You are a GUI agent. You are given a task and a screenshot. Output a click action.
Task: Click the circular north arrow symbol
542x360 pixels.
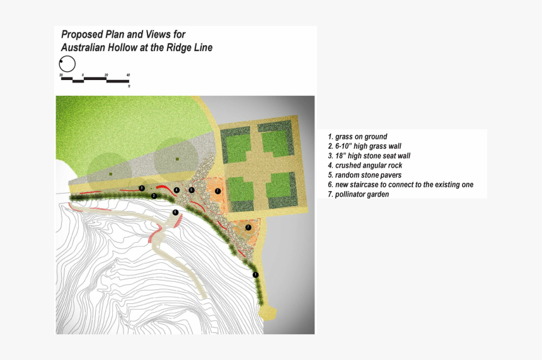point(67,64)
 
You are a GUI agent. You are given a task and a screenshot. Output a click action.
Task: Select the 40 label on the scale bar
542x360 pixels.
point(128,74)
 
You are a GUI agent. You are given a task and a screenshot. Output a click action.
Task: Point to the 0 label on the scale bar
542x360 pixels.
point(83,74)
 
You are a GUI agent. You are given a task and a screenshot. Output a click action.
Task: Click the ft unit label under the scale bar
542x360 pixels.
point(129,86)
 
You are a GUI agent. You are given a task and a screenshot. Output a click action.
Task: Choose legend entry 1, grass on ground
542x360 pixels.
point(357,137)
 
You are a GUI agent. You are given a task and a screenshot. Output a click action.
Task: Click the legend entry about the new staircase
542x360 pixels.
point(400,185)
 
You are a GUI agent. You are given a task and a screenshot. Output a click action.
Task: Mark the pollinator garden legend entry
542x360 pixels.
point(358,195)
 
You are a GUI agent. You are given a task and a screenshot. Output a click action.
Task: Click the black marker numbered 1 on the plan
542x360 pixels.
point(255,275)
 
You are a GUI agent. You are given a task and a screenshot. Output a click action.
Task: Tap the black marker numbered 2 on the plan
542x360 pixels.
point(154,195)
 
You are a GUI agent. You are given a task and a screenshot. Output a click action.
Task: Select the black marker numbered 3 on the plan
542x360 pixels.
point(142,188)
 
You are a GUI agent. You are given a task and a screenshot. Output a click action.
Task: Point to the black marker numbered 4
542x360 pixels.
point(176,190)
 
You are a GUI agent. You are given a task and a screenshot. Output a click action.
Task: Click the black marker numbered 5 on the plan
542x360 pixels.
point(192,190)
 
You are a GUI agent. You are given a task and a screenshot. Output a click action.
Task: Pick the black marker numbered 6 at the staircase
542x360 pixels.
point(175,212)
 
